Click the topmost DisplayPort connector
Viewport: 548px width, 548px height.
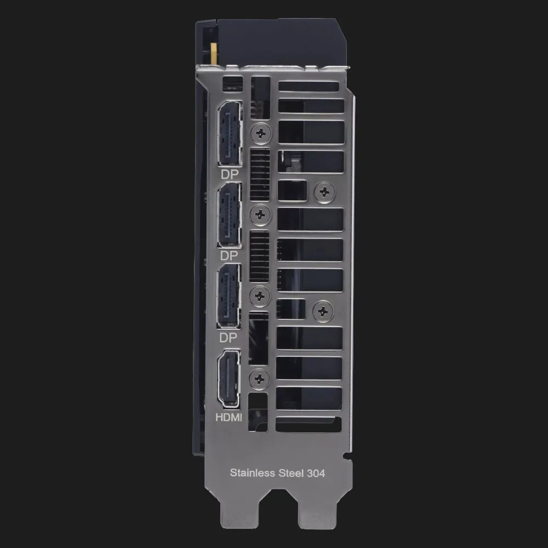click(229, 134)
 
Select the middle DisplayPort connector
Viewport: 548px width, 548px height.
click(229, 215)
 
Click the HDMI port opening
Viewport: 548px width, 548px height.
click(229, 379)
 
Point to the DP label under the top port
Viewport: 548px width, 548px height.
click(230, 174)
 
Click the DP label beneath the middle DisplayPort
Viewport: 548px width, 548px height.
click(229, 256)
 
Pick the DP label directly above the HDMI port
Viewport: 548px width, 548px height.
click(228, 338)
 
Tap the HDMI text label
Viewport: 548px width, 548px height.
click(229, 417)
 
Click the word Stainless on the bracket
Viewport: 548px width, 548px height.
click(252, 473)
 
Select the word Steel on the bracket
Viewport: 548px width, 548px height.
click(291, 473)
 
